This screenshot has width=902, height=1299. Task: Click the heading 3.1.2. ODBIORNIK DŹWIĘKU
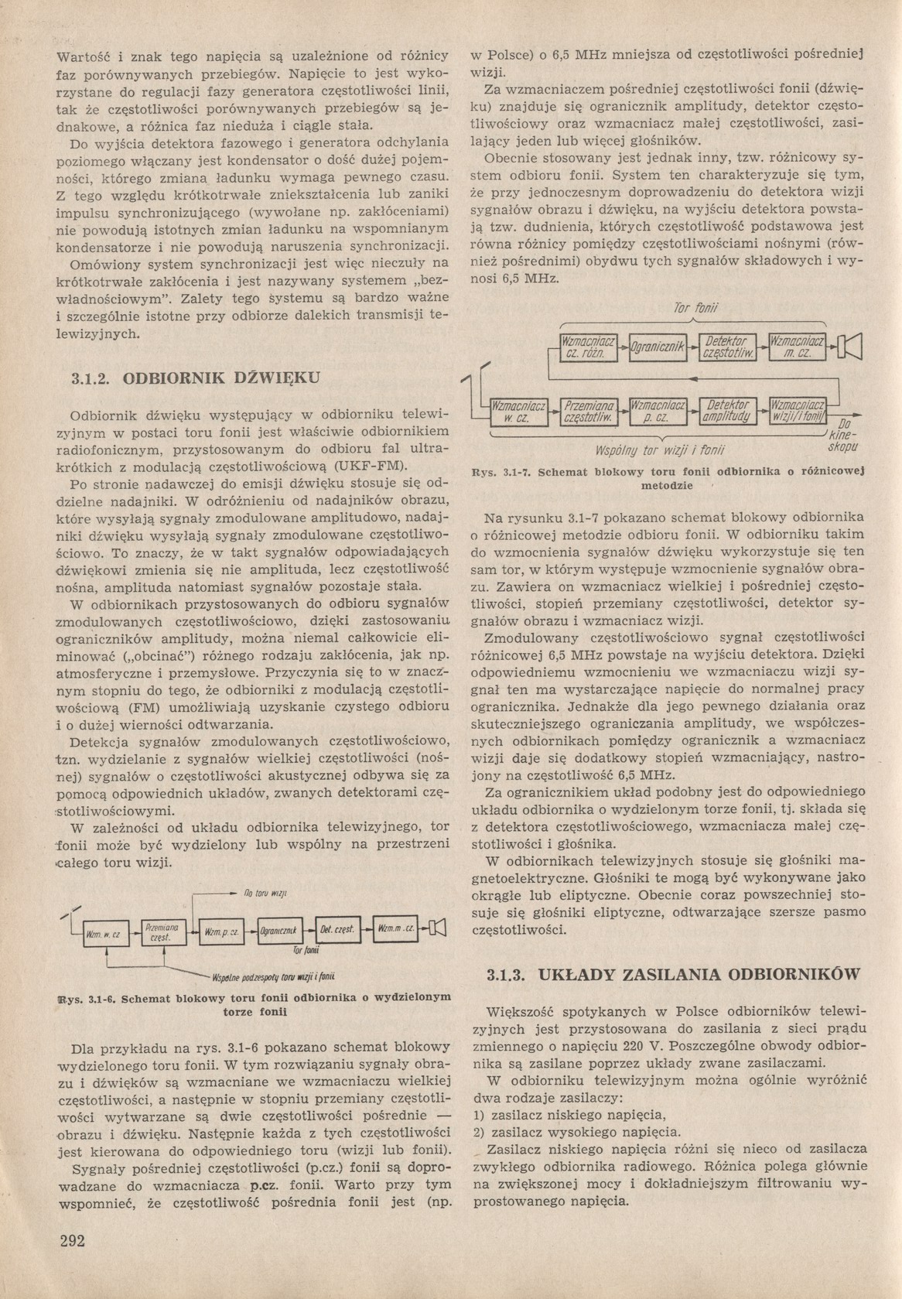pos(194,378)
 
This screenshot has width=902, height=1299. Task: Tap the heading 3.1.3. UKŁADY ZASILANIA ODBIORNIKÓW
pos(672,974)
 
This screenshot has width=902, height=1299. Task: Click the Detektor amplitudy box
pos(726,411)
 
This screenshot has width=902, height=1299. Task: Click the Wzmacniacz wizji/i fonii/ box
pos(797,411)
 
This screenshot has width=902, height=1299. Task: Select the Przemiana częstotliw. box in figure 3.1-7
pos(589,411)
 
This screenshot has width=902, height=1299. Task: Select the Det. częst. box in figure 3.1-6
pos(337,929)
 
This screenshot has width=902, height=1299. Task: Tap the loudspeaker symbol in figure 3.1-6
pos(438,928)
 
